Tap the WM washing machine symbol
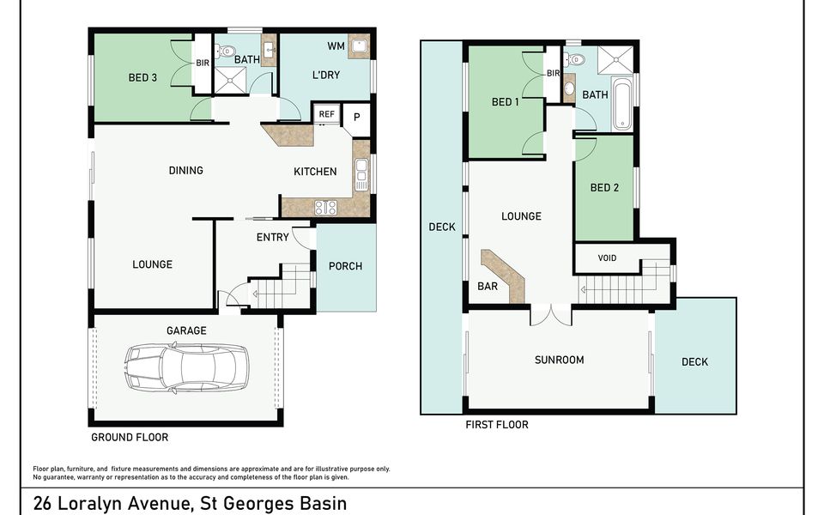[359, 45]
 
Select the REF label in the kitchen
[326, 114]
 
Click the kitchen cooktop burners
[326, 208]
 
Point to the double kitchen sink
[361, 174]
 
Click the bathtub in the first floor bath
[622, 104]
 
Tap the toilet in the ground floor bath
[225, 51]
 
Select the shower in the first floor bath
[615, 60]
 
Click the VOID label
[607, 258]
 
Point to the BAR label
[488, 287]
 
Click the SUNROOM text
[559, 360]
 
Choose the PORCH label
[345, 266]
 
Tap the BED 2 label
[604, 188]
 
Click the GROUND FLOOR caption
[130, 437]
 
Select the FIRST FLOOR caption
[497, 425]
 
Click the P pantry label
[357, 118]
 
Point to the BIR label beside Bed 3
[203, 63]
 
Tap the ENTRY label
[273, 238]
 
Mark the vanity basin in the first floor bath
[569, 88]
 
